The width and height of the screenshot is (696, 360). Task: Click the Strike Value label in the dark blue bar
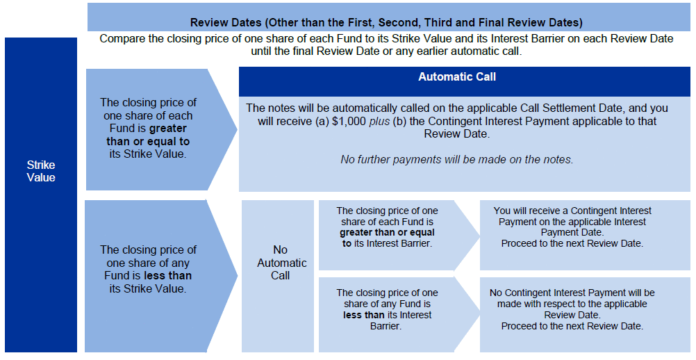point(41,172)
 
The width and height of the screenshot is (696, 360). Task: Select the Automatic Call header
point(457,76)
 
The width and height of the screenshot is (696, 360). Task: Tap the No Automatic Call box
point(281,262)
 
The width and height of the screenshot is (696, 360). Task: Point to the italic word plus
point(379,122)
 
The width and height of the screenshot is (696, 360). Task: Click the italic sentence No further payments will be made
point(457,159)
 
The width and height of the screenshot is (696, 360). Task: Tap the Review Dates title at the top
point(386,22)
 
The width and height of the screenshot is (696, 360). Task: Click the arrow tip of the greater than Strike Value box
point(238,130)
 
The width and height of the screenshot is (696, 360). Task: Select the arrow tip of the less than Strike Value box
point(238,276)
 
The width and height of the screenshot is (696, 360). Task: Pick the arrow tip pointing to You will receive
point(479,236)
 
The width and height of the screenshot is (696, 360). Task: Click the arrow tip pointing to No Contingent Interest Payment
point(479,315)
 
